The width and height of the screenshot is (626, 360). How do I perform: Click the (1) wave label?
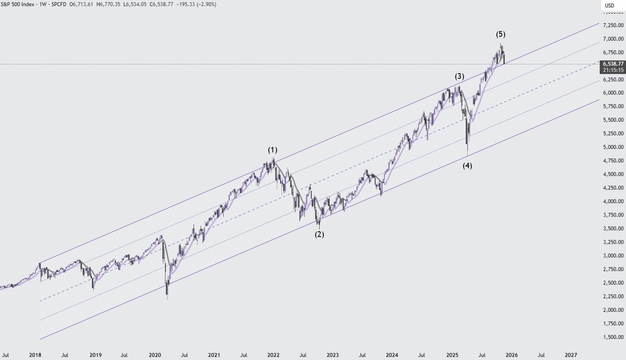point(273,150)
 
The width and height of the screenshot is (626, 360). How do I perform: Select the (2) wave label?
point(319,234)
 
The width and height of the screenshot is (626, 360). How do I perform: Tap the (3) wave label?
point(459,76)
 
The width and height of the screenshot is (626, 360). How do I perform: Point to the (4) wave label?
point(467,166)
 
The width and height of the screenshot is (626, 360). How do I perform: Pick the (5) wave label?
point(500,34)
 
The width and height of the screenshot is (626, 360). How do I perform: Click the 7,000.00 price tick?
point(612,39)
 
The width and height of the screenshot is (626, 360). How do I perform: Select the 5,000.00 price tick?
point(612,147)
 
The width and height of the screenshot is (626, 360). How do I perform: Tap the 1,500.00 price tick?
point(612,337)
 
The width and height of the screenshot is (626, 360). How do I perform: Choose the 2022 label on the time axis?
point(273,355)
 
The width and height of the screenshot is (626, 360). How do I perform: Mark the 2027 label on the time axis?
point(571,355)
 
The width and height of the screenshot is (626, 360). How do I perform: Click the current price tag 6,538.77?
point(612,63)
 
